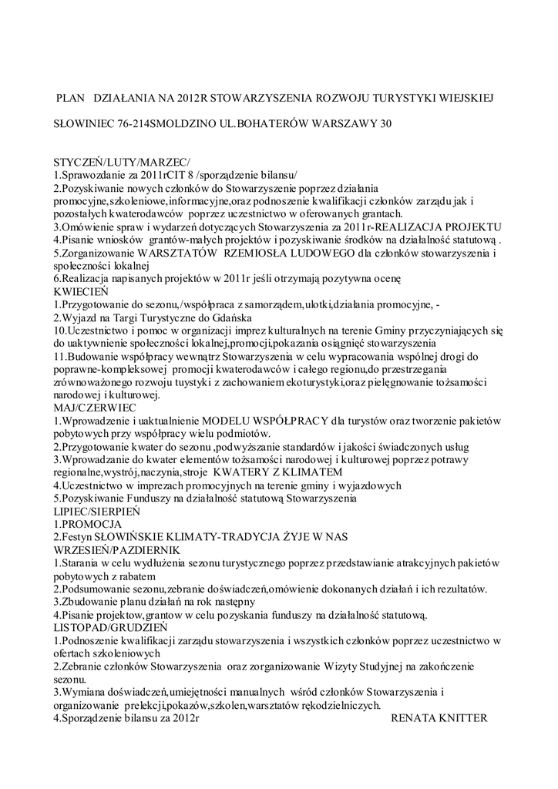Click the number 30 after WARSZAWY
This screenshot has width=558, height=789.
pos(375,123)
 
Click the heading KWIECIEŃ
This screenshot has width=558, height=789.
pos(81,292)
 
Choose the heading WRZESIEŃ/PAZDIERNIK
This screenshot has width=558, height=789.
pos(116,549)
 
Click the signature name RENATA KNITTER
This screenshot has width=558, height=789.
pos(439,718)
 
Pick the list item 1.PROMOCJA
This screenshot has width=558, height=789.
pos(89,524)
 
